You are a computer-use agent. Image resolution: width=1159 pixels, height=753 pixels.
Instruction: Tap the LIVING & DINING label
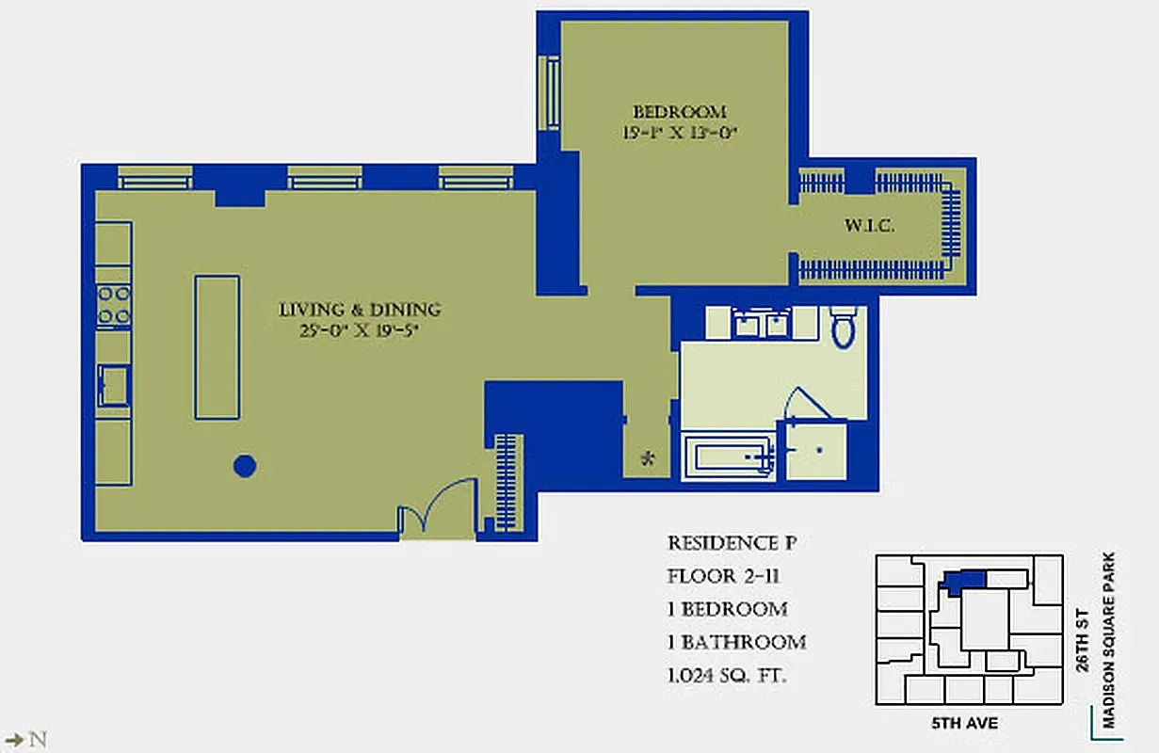pos(360,310)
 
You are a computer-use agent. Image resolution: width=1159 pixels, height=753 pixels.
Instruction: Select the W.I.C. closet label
pos(867,227)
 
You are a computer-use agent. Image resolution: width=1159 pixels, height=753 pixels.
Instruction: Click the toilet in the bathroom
pos(843,326)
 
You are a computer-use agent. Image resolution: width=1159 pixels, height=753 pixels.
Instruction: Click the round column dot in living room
pos(245,465)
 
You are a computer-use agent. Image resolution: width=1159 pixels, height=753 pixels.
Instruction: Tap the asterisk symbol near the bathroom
pos(647,459)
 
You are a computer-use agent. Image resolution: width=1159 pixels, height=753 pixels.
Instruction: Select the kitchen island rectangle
pos(217,346)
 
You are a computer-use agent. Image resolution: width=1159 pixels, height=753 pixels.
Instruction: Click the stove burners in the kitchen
pos(114,305)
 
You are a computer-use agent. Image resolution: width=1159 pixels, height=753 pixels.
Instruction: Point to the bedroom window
pos(548,93)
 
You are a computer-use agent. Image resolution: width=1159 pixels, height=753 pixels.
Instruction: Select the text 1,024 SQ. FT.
pos(727,675)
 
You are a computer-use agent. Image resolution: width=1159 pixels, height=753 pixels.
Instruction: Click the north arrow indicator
pos(25,739)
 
